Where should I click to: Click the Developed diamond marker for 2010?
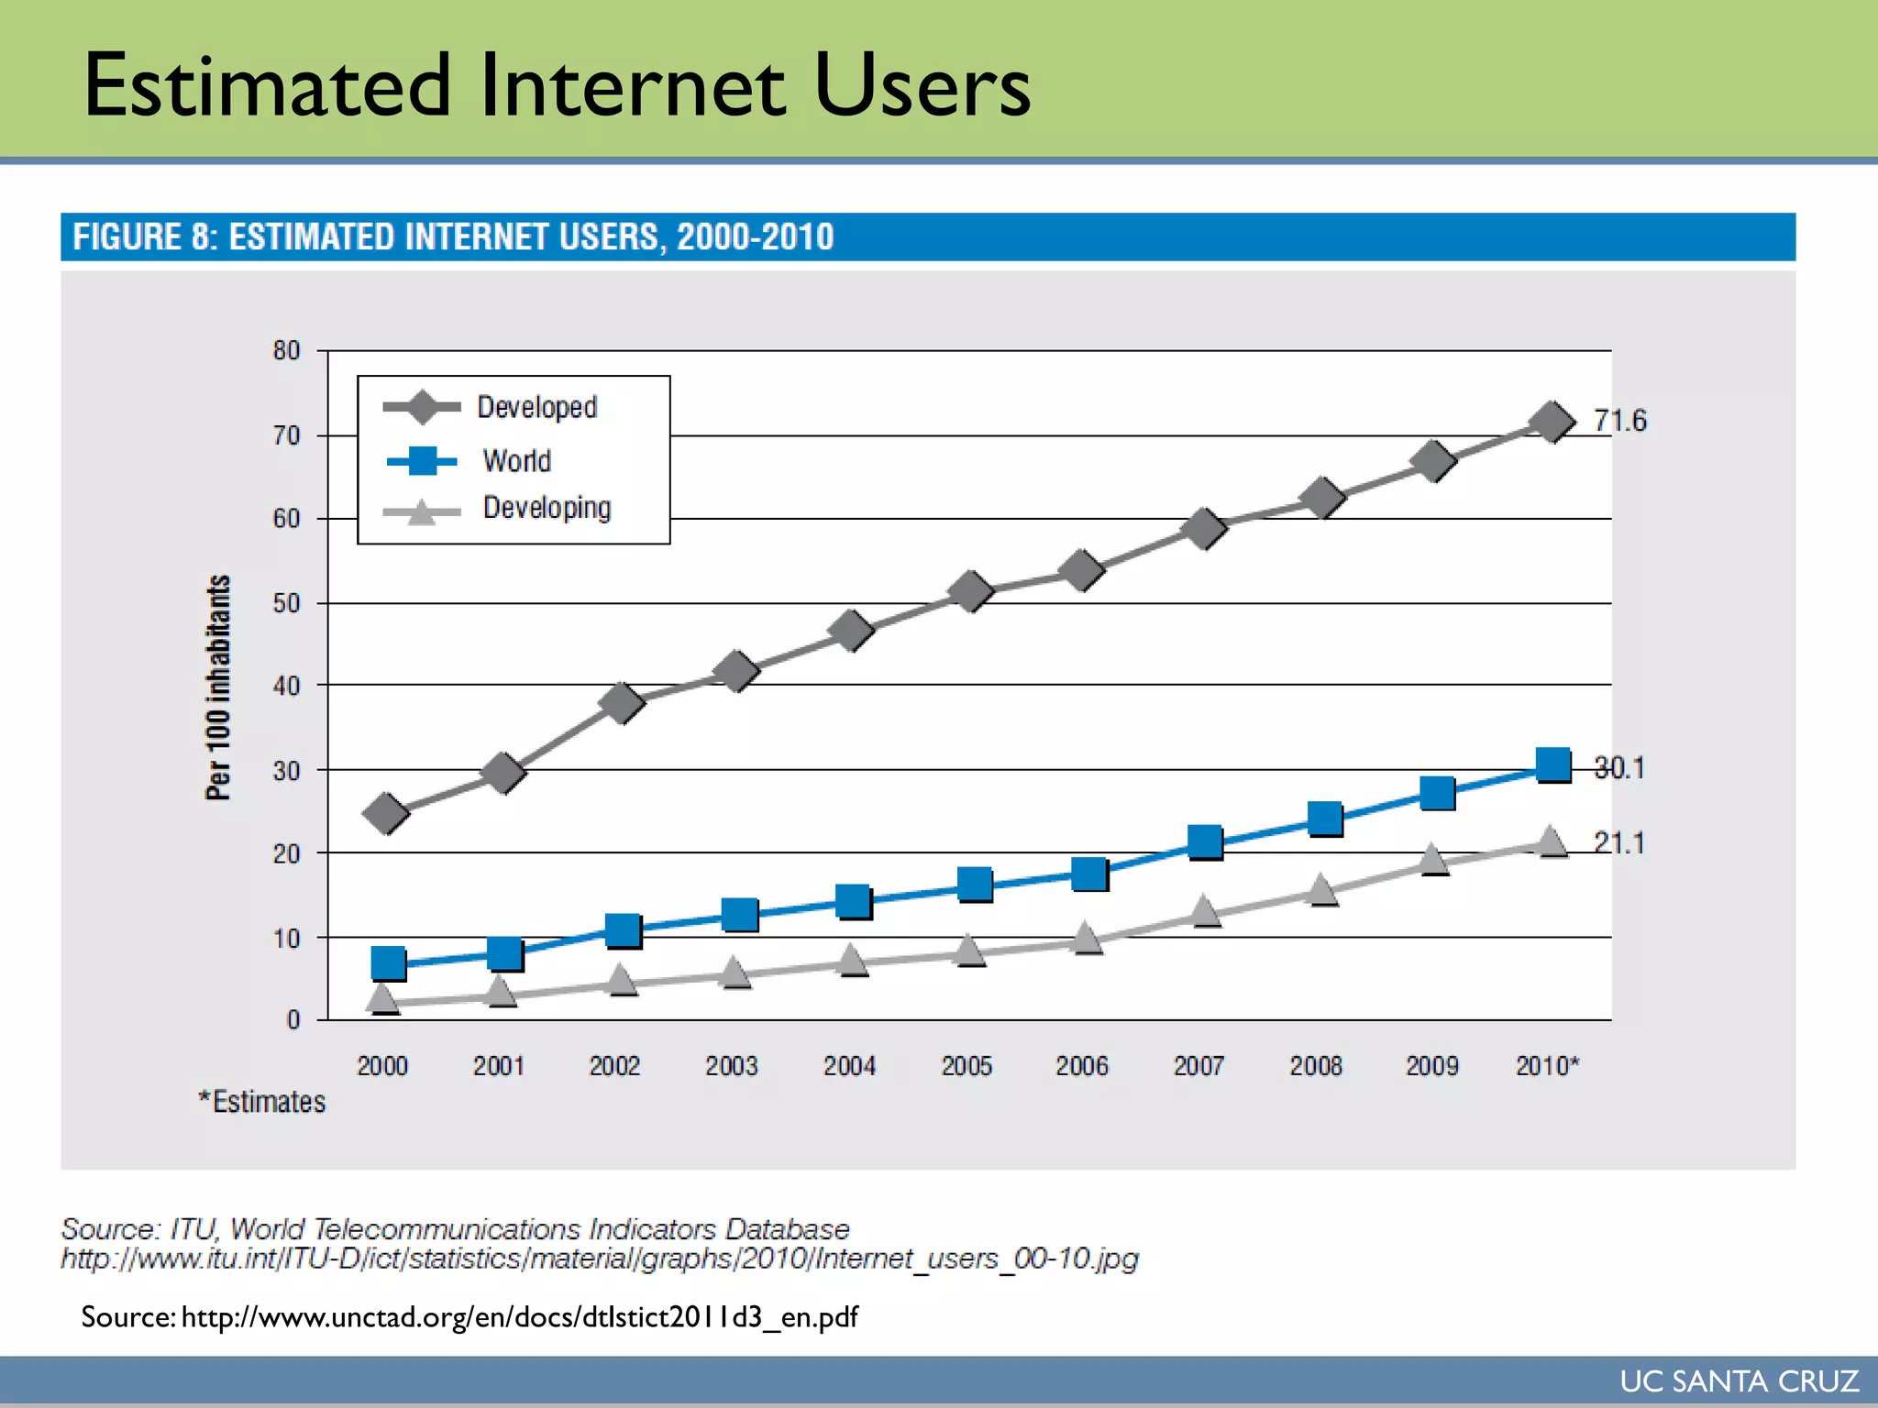[x=1552, y=422]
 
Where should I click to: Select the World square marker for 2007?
[x=1205, y=841]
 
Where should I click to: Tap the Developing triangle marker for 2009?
[x=1432, y=860]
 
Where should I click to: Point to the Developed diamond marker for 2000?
[x=386, y=813]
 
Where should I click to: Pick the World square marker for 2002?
[x=623, y=929]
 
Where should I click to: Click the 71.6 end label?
[x=1619, y=421]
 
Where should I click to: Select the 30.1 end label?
[x=1619, y=767]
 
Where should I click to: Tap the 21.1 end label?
[x=1619, y=842]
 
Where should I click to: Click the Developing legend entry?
[x=547, y=508]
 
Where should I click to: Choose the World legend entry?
[x=516, y=460]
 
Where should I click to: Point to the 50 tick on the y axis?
[x=286, y=603]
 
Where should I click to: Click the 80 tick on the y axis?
[x=286, y=350]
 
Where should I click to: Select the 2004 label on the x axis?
[x=849, y=1065]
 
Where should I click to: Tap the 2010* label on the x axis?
[x=1547, y=1065]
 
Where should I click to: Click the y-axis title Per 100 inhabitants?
[x=218, y=687]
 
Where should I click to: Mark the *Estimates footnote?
[x=262, y=1101]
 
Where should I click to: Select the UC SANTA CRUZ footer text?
[x=1739, y=1380]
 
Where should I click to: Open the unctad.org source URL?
[x=519, y=1317]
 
